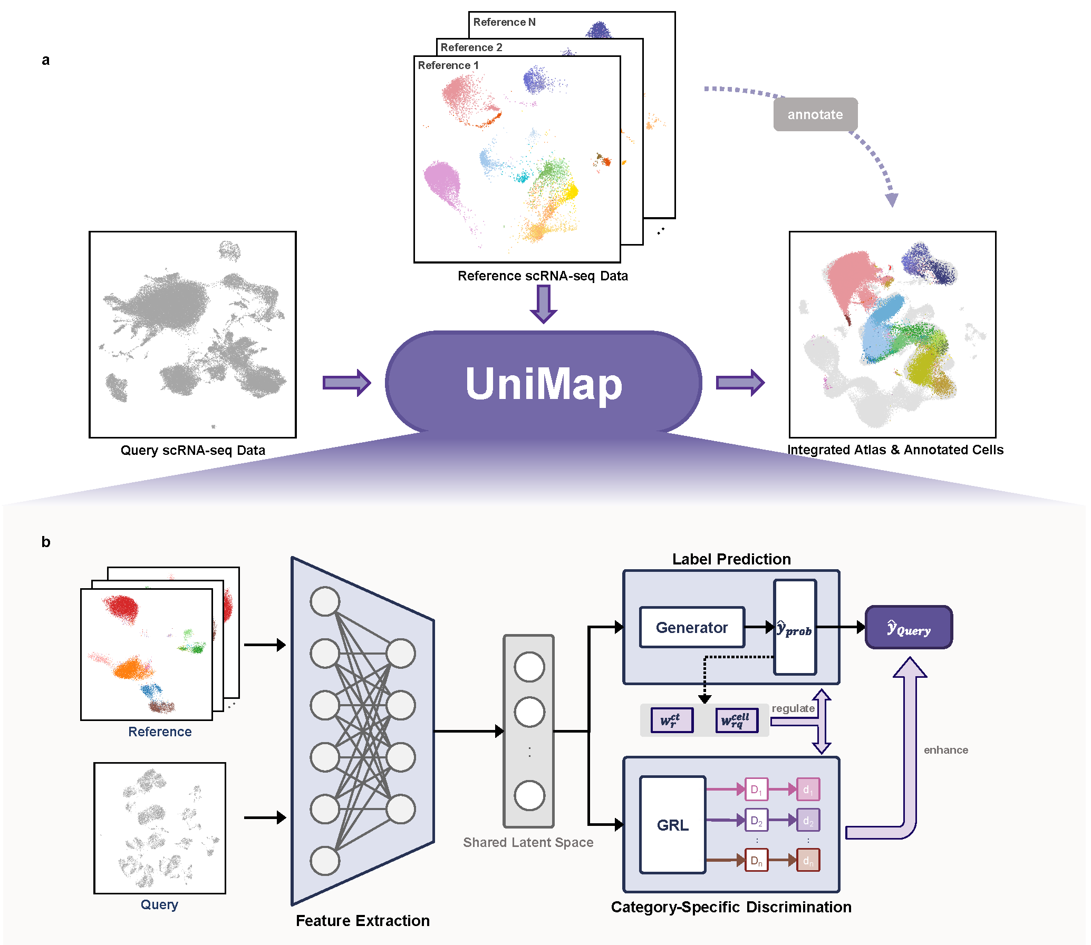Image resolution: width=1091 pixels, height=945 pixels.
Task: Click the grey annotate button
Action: pyautogui.click(x=815, y=114)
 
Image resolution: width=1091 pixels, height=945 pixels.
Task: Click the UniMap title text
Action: pyautogui.click(x=543, y=383)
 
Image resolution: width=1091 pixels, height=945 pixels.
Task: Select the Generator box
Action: pyautogui.click(x=692, y=627)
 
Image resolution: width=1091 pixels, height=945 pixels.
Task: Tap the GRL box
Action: pyautogui.click(x=672, y=825)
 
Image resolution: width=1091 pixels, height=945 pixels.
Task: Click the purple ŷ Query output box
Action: pyautogui.click(x=909, y=628)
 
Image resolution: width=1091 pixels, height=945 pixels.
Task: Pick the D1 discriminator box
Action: pyautogui.click(x=756, y=790)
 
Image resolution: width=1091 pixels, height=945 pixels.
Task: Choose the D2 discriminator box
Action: pyautogui.click(x=756, y=821)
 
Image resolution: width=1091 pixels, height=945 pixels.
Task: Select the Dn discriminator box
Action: pyautogui.click(x=756, y=861)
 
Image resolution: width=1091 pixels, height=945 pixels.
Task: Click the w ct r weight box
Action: pyautogui.click(x=671, y=720)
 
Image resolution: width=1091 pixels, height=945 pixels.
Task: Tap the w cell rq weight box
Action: pyautogui.click(x=736, y=720)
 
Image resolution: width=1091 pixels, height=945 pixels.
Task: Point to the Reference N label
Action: pyautogui.click(x=504, y=22)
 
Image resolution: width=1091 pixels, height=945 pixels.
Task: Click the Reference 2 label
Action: pyautogui.click(x=471, y=47)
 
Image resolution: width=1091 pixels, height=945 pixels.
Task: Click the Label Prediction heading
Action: pyautogui.click(x=731, y=559)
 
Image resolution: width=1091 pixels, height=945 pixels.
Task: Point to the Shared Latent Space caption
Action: pyautogui.click(x=528, y=842)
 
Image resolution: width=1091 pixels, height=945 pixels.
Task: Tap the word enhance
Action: pyautogui.click(x=945, y=750)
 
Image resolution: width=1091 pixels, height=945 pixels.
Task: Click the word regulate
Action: pyautogui.click(x=793, y=708)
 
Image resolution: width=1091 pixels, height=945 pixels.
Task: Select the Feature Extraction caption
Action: pyautogui.click(x=362, y=920)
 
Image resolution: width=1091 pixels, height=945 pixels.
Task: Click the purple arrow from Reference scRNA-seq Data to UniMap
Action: pyautogui.click(x=543, y=303)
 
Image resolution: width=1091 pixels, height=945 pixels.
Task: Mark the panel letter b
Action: pyautogui.click(x=46, y=542)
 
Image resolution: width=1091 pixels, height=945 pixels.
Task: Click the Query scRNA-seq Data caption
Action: pyautogui.click(x=192, y=450)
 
